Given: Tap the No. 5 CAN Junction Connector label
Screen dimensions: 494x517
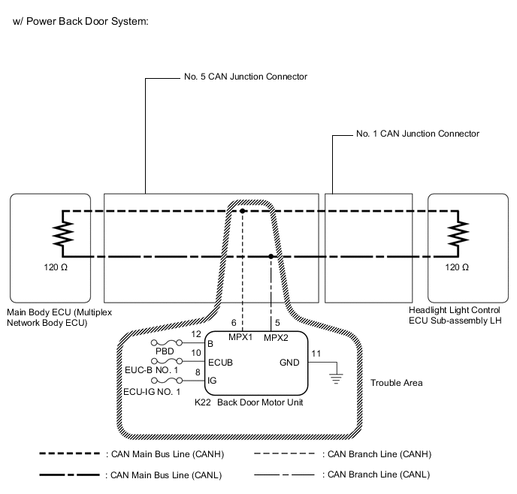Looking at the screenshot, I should tap(246, 77).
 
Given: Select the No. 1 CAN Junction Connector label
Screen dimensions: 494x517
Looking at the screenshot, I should tap(418, 134).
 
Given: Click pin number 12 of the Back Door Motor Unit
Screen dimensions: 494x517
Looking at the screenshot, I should tap(196, 334).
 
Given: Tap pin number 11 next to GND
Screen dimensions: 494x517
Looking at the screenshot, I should tap(316, 353).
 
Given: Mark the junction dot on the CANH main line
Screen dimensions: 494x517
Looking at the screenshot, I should tap(243, 212).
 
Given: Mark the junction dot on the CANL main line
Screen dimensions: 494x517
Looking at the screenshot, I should tap(271, 257).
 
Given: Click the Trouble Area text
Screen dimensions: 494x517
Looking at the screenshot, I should tap(396, 383).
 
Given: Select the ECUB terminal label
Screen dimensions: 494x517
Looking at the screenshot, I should tap(220, 362).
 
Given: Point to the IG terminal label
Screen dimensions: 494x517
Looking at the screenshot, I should tap(212, 381).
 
